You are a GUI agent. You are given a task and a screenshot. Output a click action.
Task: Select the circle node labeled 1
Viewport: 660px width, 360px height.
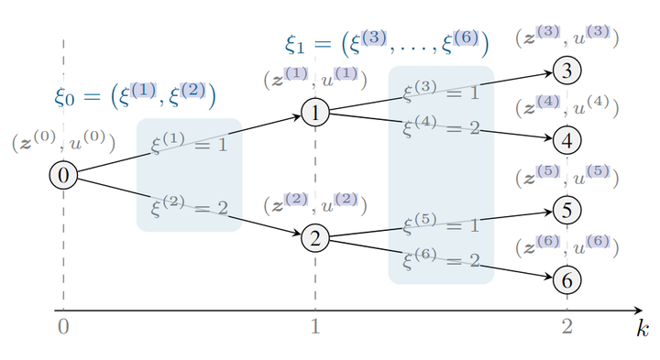(314, 114)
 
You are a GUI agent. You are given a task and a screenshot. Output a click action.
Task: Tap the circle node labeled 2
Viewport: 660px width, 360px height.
(314, 238)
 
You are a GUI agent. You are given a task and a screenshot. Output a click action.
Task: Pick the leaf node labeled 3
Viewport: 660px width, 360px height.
(567, 70)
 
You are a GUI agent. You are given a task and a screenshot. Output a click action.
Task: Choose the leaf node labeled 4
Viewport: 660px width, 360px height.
(567, 140)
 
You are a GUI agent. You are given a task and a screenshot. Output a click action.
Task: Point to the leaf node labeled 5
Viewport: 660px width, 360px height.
(567, 210)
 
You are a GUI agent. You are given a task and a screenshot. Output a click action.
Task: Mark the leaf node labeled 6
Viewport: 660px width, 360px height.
(567, 278)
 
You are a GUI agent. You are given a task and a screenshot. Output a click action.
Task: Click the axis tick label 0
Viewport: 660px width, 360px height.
(62, 326)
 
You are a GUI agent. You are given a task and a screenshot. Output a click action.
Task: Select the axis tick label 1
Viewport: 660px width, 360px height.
(315, 326)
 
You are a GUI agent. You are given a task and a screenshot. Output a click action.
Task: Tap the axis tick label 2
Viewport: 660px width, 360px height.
(567, 326)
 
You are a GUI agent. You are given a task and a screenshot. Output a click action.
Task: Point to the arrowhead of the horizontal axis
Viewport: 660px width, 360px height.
(638, 311)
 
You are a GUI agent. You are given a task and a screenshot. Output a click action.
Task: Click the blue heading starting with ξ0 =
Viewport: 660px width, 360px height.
(135, 95)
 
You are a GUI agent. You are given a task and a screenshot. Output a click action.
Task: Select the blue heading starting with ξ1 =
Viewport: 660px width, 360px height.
(386, 44)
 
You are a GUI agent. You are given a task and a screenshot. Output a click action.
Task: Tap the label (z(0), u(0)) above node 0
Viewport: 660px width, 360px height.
(63, 143)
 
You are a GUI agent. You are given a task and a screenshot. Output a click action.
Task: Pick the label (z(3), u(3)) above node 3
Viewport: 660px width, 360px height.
(567, 38)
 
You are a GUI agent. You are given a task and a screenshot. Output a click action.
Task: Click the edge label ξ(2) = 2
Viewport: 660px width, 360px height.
(189, 208)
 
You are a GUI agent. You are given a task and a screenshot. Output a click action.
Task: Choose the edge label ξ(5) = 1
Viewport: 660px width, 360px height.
(441, 224)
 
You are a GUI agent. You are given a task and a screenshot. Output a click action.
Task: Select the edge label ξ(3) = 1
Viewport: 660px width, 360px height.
(441, 92)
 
